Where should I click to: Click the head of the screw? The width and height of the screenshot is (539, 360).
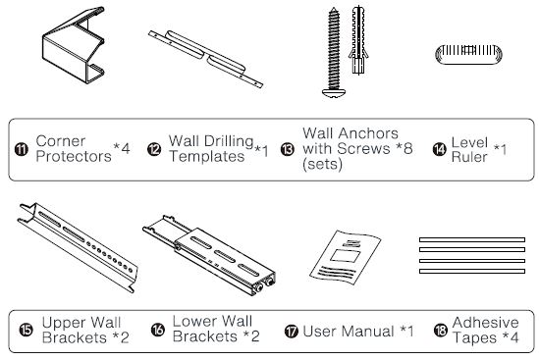point(334,93)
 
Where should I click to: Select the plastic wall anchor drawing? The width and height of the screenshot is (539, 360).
point(358,40)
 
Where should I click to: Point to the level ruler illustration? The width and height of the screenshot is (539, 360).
point(468,54)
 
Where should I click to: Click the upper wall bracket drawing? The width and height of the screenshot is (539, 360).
point(78,247)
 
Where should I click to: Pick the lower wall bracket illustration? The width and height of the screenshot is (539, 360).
point(210,254)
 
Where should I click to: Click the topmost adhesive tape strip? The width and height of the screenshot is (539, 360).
point(472,239)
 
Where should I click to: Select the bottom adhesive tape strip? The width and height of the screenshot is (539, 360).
point(472,271)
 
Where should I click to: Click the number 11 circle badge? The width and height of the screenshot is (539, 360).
point(22,149)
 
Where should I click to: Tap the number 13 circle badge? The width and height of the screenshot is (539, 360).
point(288,149)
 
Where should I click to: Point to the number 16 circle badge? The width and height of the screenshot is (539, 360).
point(158,330)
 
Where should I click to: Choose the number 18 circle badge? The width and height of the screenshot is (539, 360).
point(441,331)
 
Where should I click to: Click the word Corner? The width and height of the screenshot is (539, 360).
point(61,141)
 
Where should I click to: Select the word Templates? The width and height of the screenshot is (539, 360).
point(206,156)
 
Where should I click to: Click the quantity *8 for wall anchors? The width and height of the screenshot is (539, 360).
point(404,148)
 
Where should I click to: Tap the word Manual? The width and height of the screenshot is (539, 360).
point(367,332)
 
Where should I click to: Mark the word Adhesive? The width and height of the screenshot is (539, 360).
point(485,322)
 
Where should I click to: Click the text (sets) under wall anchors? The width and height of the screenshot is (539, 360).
point(322,164)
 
